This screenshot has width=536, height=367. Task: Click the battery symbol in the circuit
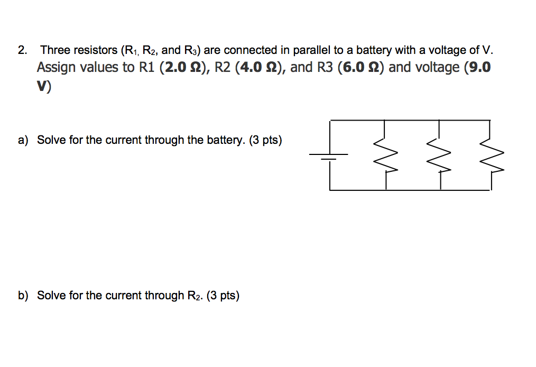pyautogui.click(x=329, y=155)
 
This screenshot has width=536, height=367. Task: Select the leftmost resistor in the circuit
pyautogui.click(x=385, y=155)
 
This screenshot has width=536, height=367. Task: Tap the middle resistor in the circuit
pyautogui.click(x=440, y=155)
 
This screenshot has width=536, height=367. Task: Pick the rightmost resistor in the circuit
pyautogui.click(x=492, y=155)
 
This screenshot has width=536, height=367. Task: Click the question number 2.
pyautogui.click(x=22, y=51)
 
